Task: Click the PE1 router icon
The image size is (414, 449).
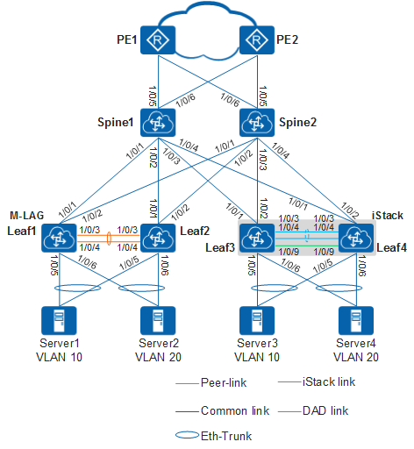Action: pos(158,40)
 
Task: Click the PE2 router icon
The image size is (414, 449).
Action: pos(257,40)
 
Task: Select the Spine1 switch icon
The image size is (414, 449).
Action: pos(158,123)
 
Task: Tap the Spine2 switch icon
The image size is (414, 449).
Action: pos(257,123)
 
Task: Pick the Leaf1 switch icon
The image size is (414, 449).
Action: pos(59,238)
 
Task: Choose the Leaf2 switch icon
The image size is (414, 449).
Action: pos(158,238)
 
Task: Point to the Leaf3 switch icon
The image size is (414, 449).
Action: pos(257,238)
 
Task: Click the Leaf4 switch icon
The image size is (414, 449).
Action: pos(356,238)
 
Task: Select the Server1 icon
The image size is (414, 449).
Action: pos(59,320)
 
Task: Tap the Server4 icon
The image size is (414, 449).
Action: pos(356,320)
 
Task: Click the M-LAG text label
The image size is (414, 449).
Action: pos(27,216)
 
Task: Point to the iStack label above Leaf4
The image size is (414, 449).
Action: pos(388,216)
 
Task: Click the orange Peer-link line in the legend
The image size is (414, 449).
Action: pos(187,383)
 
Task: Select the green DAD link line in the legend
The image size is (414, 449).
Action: pos(289,411)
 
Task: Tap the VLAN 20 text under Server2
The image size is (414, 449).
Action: pos(158,357)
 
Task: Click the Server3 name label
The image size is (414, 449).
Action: pos(257,343)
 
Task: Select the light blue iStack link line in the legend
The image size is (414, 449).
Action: pos(289,382)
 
